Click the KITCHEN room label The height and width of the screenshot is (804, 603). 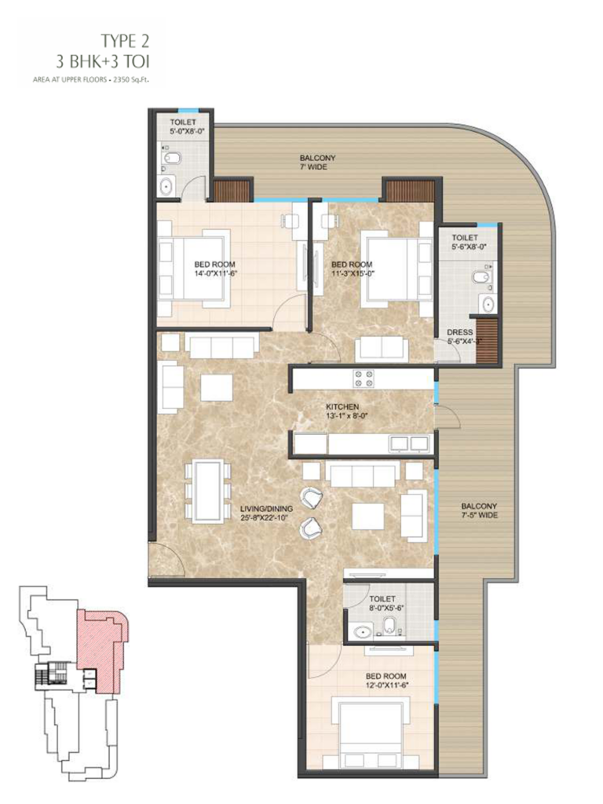pyautogui.click(x=342, y=407)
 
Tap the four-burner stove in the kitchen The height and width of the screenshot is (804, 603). pyautogui.click(x=363, y=378)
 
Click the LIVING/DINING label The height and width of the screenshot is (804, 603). pyautogui.click(x=267, y=509)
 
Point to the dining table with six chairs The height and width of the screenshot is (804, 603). pyautogui.click(x=207, y=492)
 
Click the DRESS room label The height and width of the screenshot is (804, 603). pyautogui.click(x=459, y=332)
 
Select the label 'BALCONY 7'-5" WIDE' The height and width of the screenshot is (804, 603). pyautogui.click(x=479, y=510)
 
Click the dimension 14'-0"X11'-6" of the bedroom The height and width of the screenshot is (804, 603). pyautogui.click(x=215, y=272)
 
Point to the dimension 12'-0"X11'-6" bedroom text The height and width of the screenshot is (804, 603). pyautogui.click(x=386, y=685)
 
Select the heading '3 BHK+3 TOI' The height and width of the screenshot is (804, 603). pyautogui.click(x=103, y=63)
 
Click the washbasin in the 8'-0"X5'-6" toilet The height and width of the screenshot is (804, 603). pyautogui.click(x=362, y=632)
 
